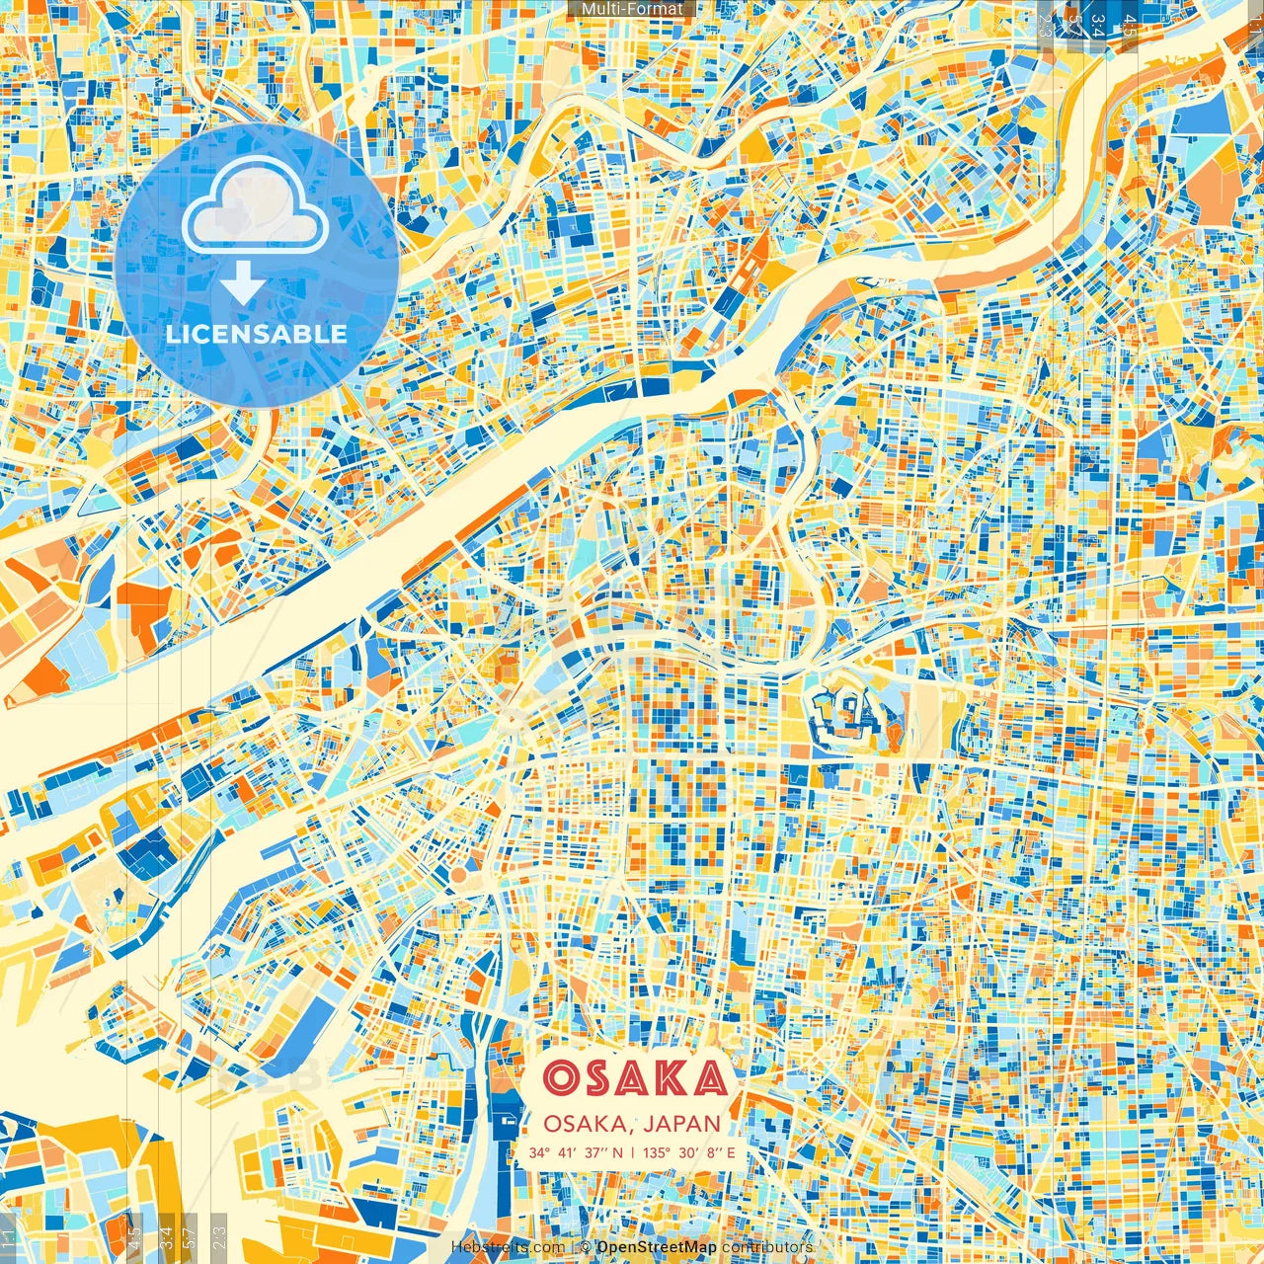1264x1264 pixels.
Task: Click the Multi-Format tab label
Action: click(632, 9)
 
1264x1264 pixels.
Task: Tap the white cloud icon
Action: click(255, 205)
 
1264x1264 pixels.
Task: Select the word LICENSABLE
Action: click(257, 334)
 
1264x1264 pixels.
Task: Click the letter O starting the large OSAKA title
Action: click(561, 1078)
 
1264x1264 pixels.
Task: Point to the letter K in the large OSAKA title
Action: click(671, 1078)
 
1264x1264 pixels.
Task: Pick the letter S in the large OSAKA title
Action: click(598, 1078)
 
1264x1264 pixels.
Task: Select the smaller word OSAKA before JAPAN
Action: click(587, 1124)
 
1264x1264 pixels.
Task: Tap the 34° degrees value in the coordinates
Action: click(539, 1152)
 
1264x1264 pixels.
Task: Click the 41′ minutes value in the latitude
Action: click(567, 1152)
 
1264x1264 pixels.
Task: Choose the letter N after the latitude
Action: click(617, 1152)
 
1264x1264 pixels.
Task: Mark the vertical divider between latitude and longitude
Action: click(632, 1152)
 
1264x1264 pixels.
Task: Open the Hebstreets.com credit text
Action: click(508, 1247)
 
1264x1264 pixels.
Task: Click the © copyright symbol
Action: click(585, 1247)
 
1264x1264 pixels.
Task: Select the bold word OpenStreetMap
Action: click(656, 1247)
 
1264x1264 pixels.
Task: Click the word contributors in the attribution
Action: click(767, 1247)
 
